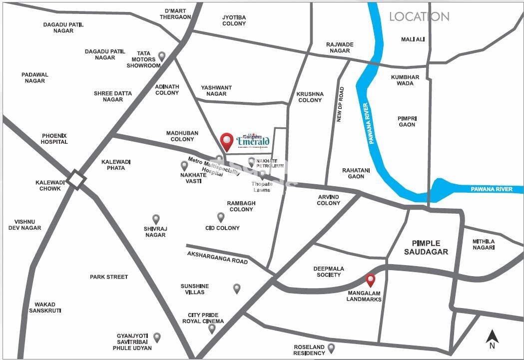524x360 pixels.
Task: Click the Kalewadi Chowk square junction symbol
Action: (x=76, y=179)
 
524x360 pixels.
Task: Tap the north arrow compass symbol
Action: (x=492, y=338)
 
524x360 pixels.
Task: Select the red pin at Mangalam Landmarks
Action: (x=371, y=281)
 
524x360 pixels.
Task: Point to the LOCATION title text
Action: (x=419, y=16)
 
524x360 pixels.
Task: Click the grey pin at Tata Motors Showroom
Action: (x=161, y=56)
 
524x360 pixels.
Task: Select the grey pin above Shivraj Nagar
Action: (x=156, y=219)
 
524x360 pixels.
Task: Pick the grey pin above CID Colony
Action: (x=221, y=217)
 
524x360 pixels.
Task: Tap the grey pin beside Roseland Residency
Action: (x=331, y=348)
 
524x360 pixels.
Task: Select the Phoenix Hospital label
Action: (x=55, y=138)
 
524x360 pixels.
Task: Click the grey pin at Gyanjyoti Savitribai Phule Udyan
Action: (x=157, y=338)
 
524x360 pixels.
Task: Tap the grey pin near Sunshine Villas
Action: (x=237, y=288)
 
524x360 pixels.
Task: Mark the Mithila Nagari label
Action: (x=484, y=244)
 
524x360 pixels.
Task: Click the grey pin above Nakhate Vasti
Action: (x=184, y=165)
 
